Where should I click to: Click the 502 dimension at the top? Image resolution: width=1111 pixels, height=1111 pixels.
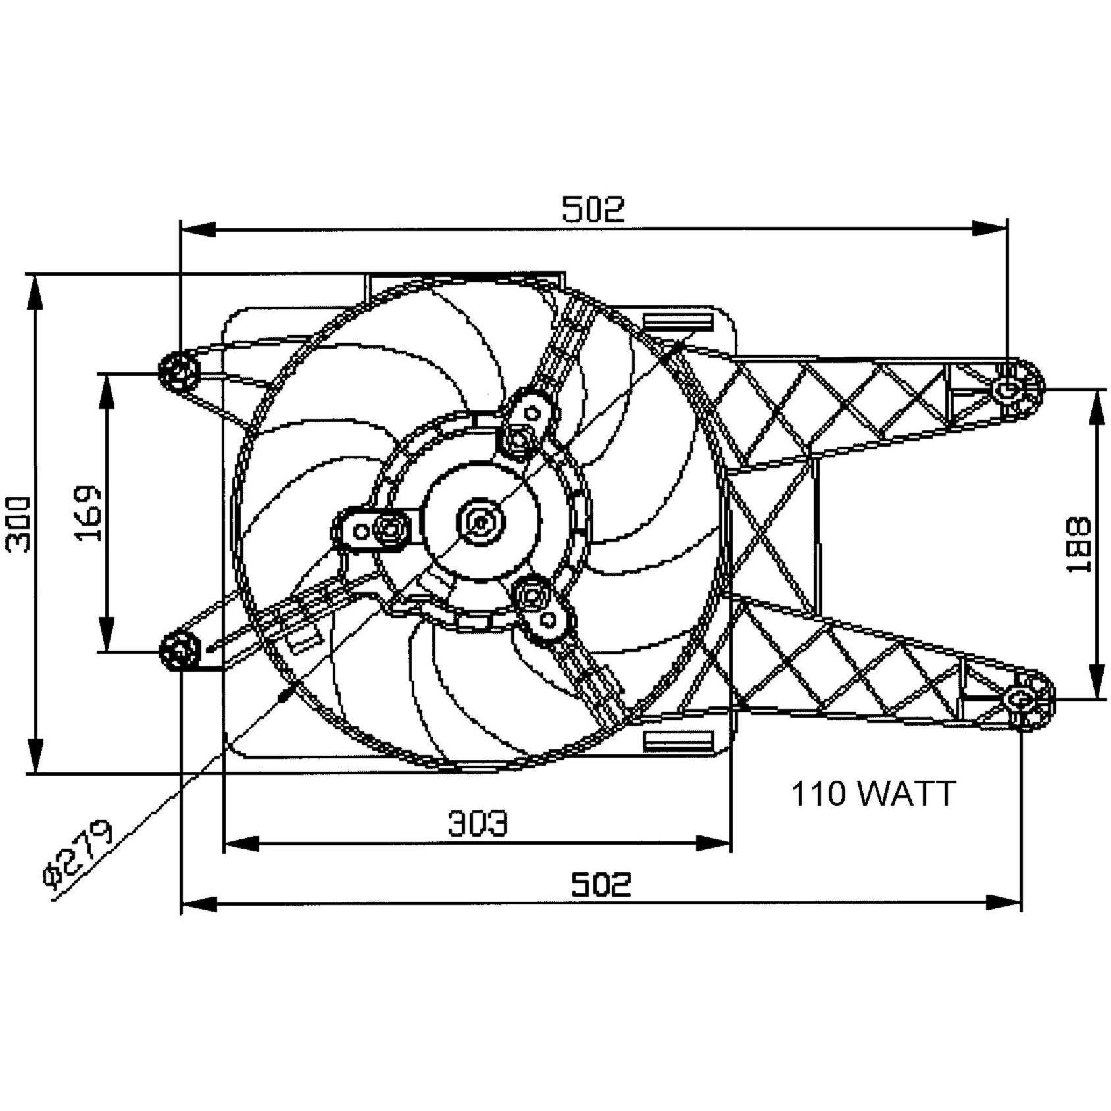point(593,209)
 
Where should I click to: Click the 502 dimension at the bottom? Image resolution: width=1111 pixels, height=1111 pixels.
point(601,885)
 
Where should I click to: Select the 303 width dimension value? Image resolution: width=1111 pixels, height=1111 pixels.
point(478,824)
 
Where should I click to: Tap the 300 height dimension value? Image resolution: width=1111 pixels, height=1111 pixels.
point(18,524)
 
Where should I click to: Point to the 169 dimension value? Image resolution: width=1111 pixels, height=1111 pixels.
point(88,513)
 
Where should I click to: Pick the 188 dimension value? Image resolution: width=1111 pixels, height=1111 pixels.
point(1079,545)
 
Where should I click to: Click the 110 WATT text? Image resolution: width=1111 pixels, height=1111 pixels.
point(873,794)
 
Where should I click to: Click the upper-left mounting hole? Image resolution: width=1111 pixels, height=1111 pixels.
point(179,372)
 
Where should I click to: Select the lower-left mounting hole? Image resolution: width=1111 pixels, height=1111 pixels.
point(179,651)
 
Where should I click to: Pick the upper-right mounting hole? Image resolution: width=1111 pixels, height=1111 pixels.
point(1006,389)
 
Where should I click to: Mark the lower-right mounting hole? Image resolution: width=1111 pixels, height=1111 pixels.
point(1020,699)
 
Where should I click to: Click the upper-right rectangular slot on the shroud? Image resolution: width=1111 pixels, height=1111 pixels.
point(677,322)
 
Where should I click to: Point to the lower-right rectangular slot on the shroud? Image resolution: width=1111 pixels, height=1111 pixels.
point(677,741)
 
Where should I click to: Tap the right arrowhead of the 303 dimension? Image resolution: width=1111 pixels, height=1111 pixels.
point(714,843)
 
